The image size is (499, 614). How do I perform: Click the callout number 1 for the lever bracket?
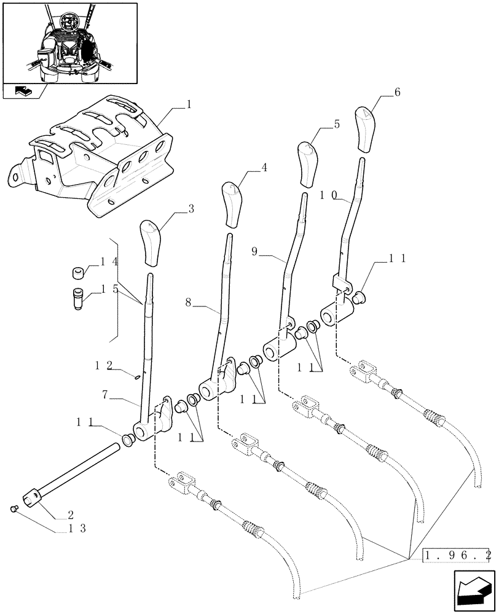coord(189,104)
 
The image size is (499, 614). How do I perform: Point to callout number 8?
coord(189,302)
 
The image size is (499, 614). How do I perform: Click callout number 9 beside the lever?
coord(254,251)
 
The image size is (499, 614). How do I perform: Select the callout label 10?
coord(328,195)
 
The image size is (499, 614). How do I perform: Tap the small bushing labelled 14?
coord(78,272)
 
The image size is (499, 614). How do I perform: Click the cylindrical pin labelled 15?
coord(78,300)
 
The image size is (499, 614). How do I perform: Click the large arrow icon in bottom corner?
coord(473,591)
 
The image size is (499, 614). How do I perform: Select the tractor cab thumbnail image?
coord(69,42)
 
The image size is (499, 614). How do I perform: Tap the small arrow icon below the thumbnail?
coord(23,91)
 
